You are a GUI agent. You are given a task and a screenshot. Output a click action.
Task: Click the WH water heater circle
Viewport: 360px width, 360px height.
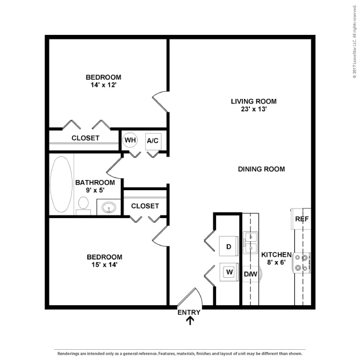(130, 140)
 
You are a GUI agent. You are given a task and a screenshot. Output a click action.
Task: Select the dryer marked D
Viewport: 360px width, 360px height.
(229, 246)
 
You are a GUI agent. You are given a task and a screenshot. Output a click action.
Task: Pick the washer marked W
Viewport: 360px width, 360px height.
(229, 272)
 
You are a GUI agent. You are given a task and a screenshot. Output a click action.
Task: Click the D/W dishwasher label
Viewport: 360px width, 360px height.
(250, 274)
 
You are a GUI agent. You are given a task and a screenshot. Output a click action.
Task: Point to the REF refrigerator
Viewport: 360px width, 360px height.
(301, 219)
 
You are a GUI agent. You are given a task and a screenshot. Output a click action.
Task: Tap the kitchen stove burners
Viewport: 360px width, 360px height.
(301, 263)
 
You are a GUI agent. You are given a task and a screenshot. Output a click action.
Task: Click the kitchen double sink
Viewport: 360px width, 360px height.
(250, 242)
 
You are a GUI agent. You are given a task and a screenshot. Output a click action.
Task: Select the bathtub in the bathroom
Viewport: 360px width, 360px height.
(61, 184)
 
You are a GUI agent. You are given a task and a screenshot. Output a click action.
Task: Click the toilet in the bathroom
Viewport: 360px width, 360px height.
(83, 205)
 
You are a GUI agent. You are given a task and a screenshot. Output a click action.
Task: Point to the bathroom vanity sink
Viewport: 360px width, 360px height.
(109, 207)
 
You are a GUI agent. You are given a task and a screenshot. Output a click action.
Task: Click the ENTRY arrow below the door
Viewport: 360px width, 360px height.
(190, 321)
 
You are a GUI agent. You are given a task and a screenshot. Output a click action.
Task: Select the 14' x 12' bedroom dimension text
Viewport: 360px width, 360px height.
(104, 85)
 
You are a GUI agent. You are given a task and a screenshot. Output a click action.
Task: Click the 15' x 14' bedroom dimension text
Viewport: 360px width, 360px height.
(104, 265)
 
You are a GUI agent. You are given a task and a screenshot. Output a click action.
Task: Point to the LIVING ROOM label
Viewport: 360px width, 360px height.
(254, 101)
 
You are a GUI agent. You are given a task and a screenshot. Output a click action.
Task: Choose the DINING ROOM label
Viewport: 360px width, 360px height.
(262, 169)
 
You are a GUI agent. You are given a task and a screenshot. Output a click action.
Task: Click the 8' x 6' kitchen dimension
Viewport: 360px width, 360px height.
(276, 262)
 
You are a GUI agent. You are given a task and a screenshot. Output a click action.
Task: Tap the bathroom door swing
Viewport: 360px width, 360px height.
(114, 168)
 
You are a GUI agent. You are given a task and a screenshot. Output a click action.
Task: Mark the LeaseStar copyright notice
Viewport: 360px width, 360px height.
(355, 41)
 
